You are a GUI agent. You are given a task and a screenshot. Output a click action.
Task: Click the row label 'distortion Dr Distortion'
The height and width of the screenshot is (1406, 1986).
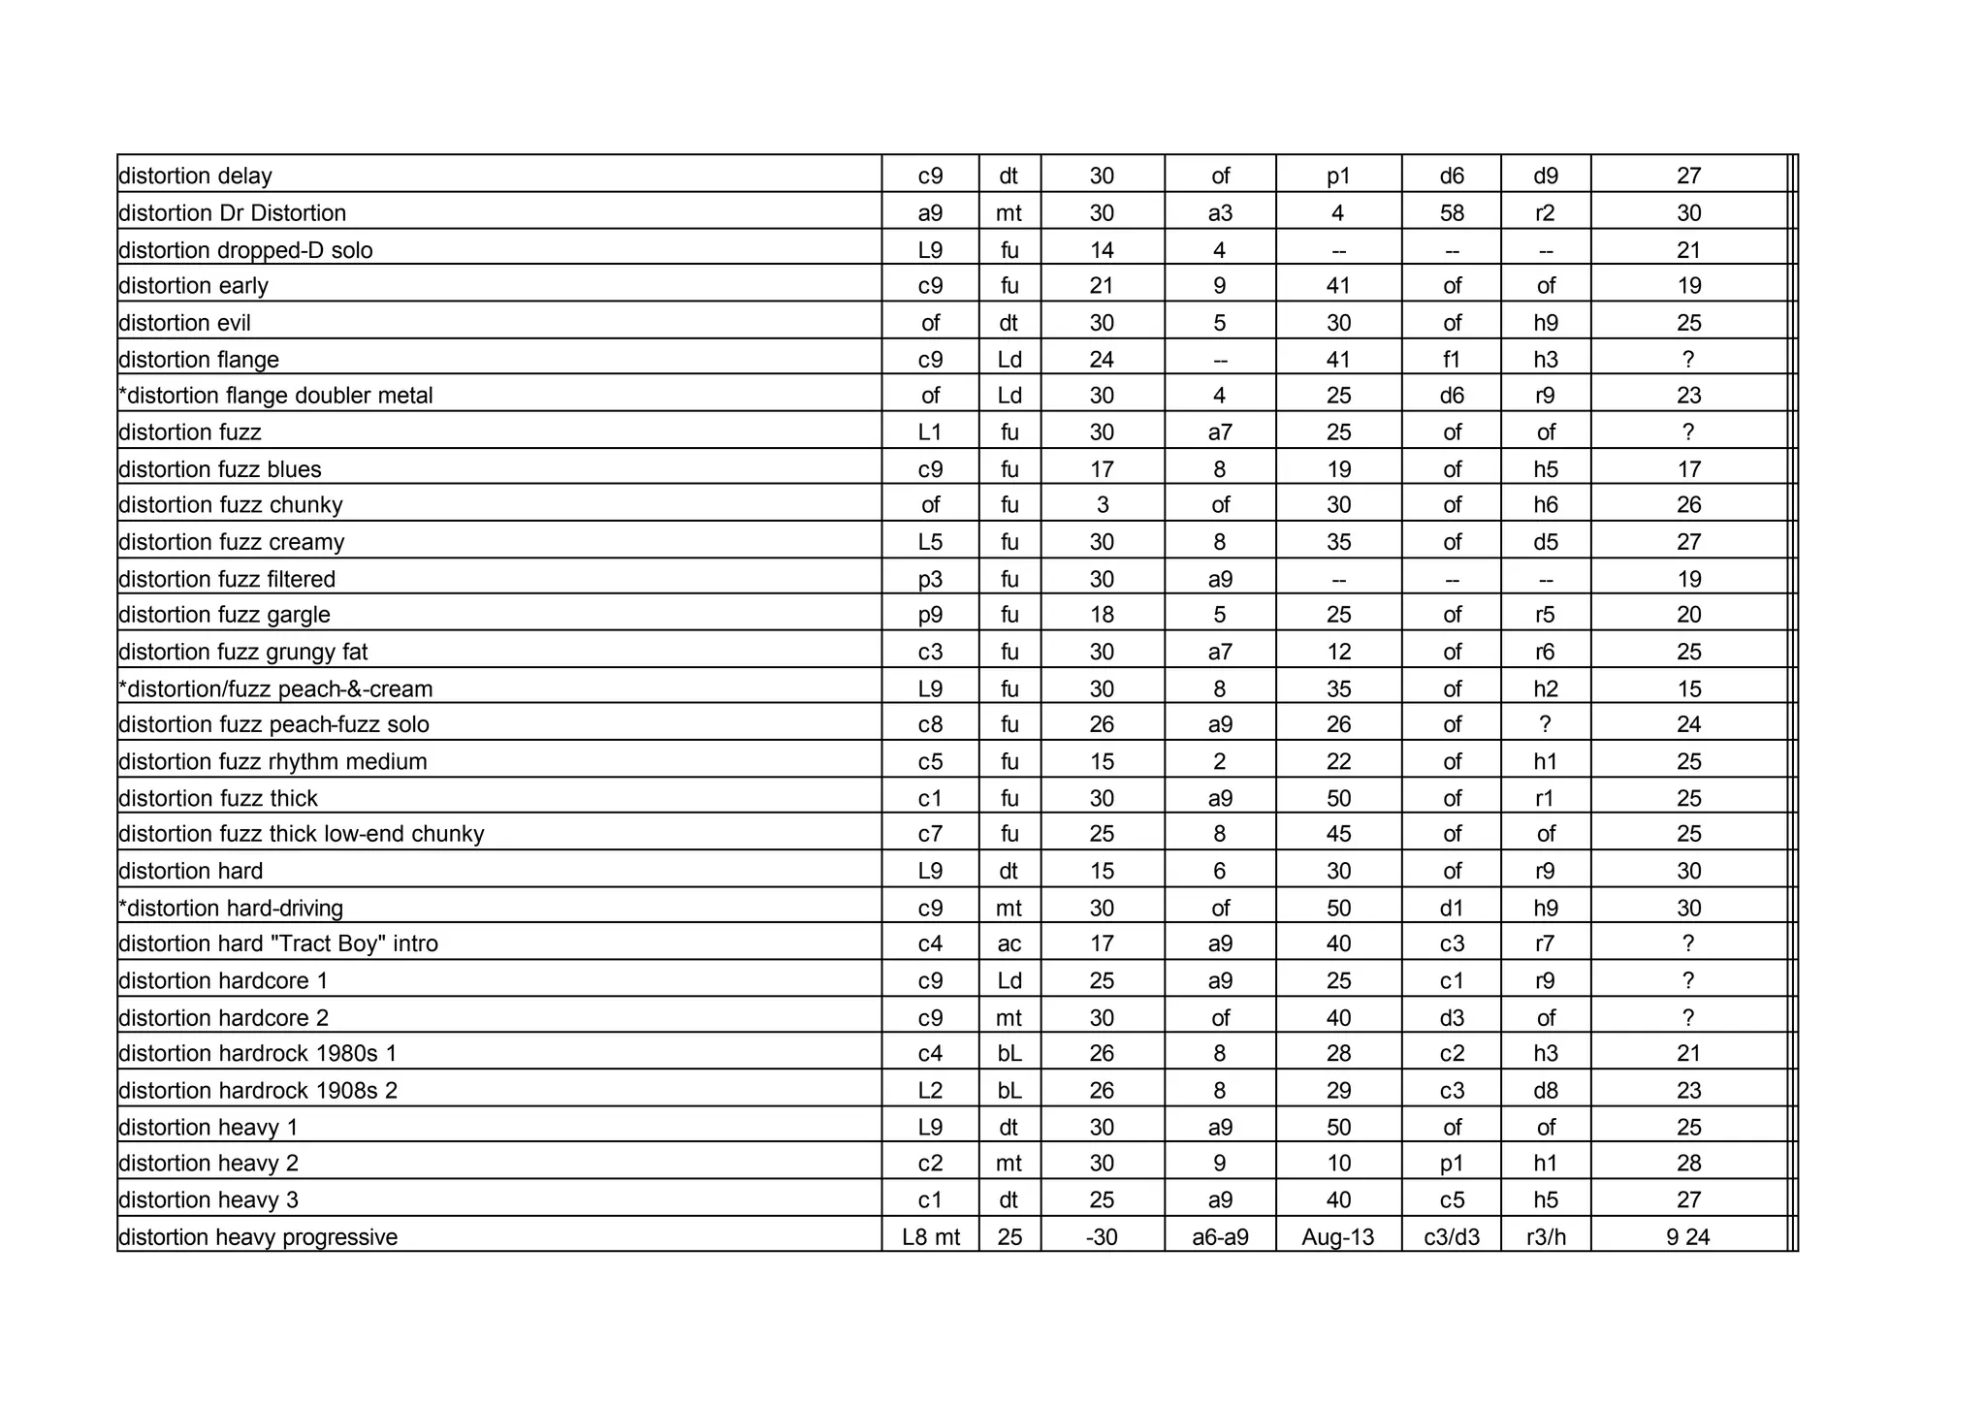click(x=232, y=213)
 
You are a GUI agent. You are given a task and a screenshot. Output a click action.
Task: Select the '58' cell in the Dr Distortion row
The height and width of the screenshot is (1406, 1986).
click(x=1451, y=213)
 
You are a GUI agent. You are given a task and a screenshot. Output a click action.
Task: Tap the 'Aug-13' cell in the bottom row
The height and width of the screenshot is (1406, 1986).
click(x=1338, y=1237)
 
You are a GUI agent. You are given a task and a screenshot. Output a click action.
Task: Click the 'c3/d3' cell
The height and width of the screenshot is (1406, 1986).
click(x=1451, y=1237)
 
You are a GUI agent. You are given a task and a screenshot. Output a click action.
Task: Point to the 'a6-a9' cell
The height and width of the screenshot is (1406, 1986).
click(x=1220, y=1237)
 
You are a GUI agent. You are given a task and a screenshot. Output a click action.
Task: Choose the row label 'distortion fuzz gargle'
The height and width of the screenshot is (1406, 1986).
click(x=224, y=615)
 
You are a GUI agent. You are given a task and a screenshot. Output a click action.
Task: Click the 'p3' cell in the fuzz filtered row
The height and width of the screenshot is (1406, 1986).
click(x=930, y=579)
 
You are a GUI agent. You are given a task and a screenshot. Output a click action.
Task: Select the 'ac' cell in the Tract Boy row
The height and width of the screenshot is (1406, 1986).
click(x=1009, y=943)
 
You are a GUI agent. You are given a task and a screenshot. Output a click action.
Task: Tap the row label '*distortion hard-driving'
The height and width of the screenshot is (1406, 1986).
click(x=231, y=909)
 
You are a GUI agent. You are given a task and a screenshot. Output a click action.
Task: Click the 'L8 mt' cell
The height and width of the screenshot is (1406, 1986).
click(x=930, y=1237)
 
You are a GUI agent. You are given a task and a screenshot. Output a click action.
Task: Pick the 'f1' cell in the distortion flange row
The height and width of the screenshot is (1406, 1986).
click(x=1451, y=360)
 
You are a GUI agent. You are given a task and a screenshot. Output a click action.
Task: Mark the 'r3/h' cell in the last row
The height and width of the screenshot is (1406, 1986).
click(x=1546, y=1237)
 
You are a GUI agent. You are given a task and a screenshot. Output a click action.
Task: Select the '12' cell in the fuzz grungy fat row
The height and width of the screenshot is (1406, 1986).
click(x=1338, y=652)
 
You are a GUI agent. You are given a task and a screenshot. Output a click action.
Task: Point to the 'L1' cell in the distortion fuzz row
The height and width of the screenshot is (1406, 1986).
click(x=930, y=432)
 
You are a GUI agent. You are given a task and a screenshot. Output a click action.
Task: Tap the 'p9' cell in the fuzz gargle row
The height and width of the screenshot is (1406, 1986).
click(x=930, y=615)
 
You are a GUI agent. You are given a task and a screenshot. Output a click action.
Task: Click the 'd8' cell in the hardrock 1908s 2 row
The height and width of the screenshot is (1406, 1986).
click(x=1546, y=1091)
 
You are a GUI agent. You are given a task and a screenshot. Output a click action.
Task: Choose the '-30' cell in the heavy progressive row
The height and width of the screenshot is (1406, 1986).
click(x=1102, y=1237)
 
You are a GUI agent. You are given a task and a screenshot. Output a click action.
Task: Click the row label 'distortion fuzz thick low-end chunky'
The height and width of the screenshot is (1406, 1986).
click(x=301, y=834)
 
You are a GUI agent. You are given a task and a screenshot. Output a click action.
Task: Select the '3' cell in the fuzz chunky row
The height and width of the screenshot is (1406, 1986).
click(x=1102, y=505)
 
